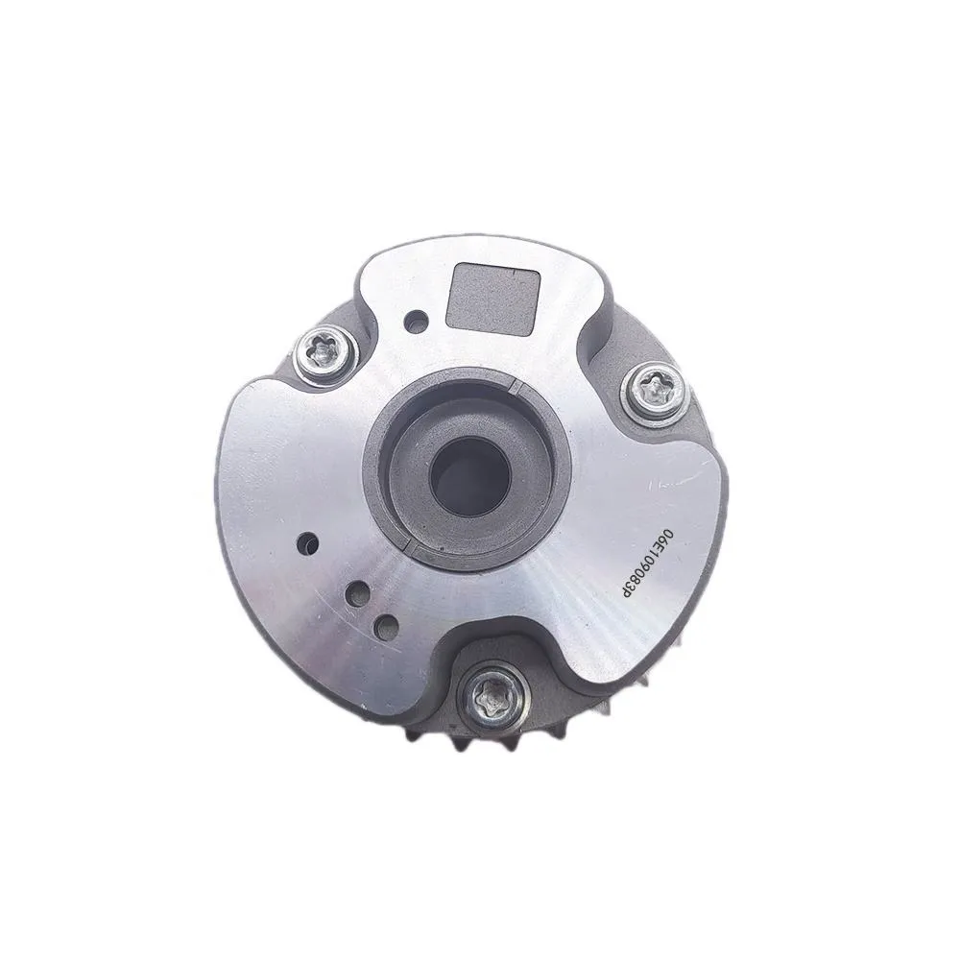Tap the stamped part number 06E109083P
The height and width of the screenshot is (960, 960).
pos(651,564)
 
